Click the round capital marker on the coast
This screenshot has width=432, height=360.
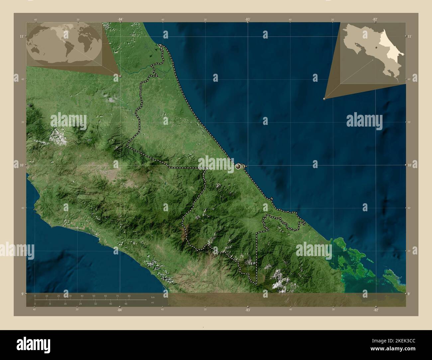(238, 166)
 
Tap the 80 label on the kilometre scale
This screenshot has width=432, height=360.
(129, 296)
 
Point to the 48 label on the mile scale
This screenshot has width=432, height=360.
(126, 304)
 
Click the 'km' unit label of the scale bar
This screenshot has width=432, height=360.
(153, 297)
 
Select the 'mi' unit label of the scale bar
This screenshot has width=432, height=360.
(153, 303)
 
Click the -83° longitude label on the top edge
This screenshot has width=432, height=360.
(248, 19)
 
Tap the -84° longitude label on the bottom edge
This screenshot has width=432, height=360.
(120, 310)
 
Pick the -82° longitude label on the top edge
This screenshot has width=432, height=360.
(375, 19)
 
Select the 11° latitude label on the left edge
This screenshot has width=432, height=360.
(21, 36)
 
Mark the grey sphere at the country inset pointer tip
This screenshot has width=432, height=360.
(324, 99)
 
